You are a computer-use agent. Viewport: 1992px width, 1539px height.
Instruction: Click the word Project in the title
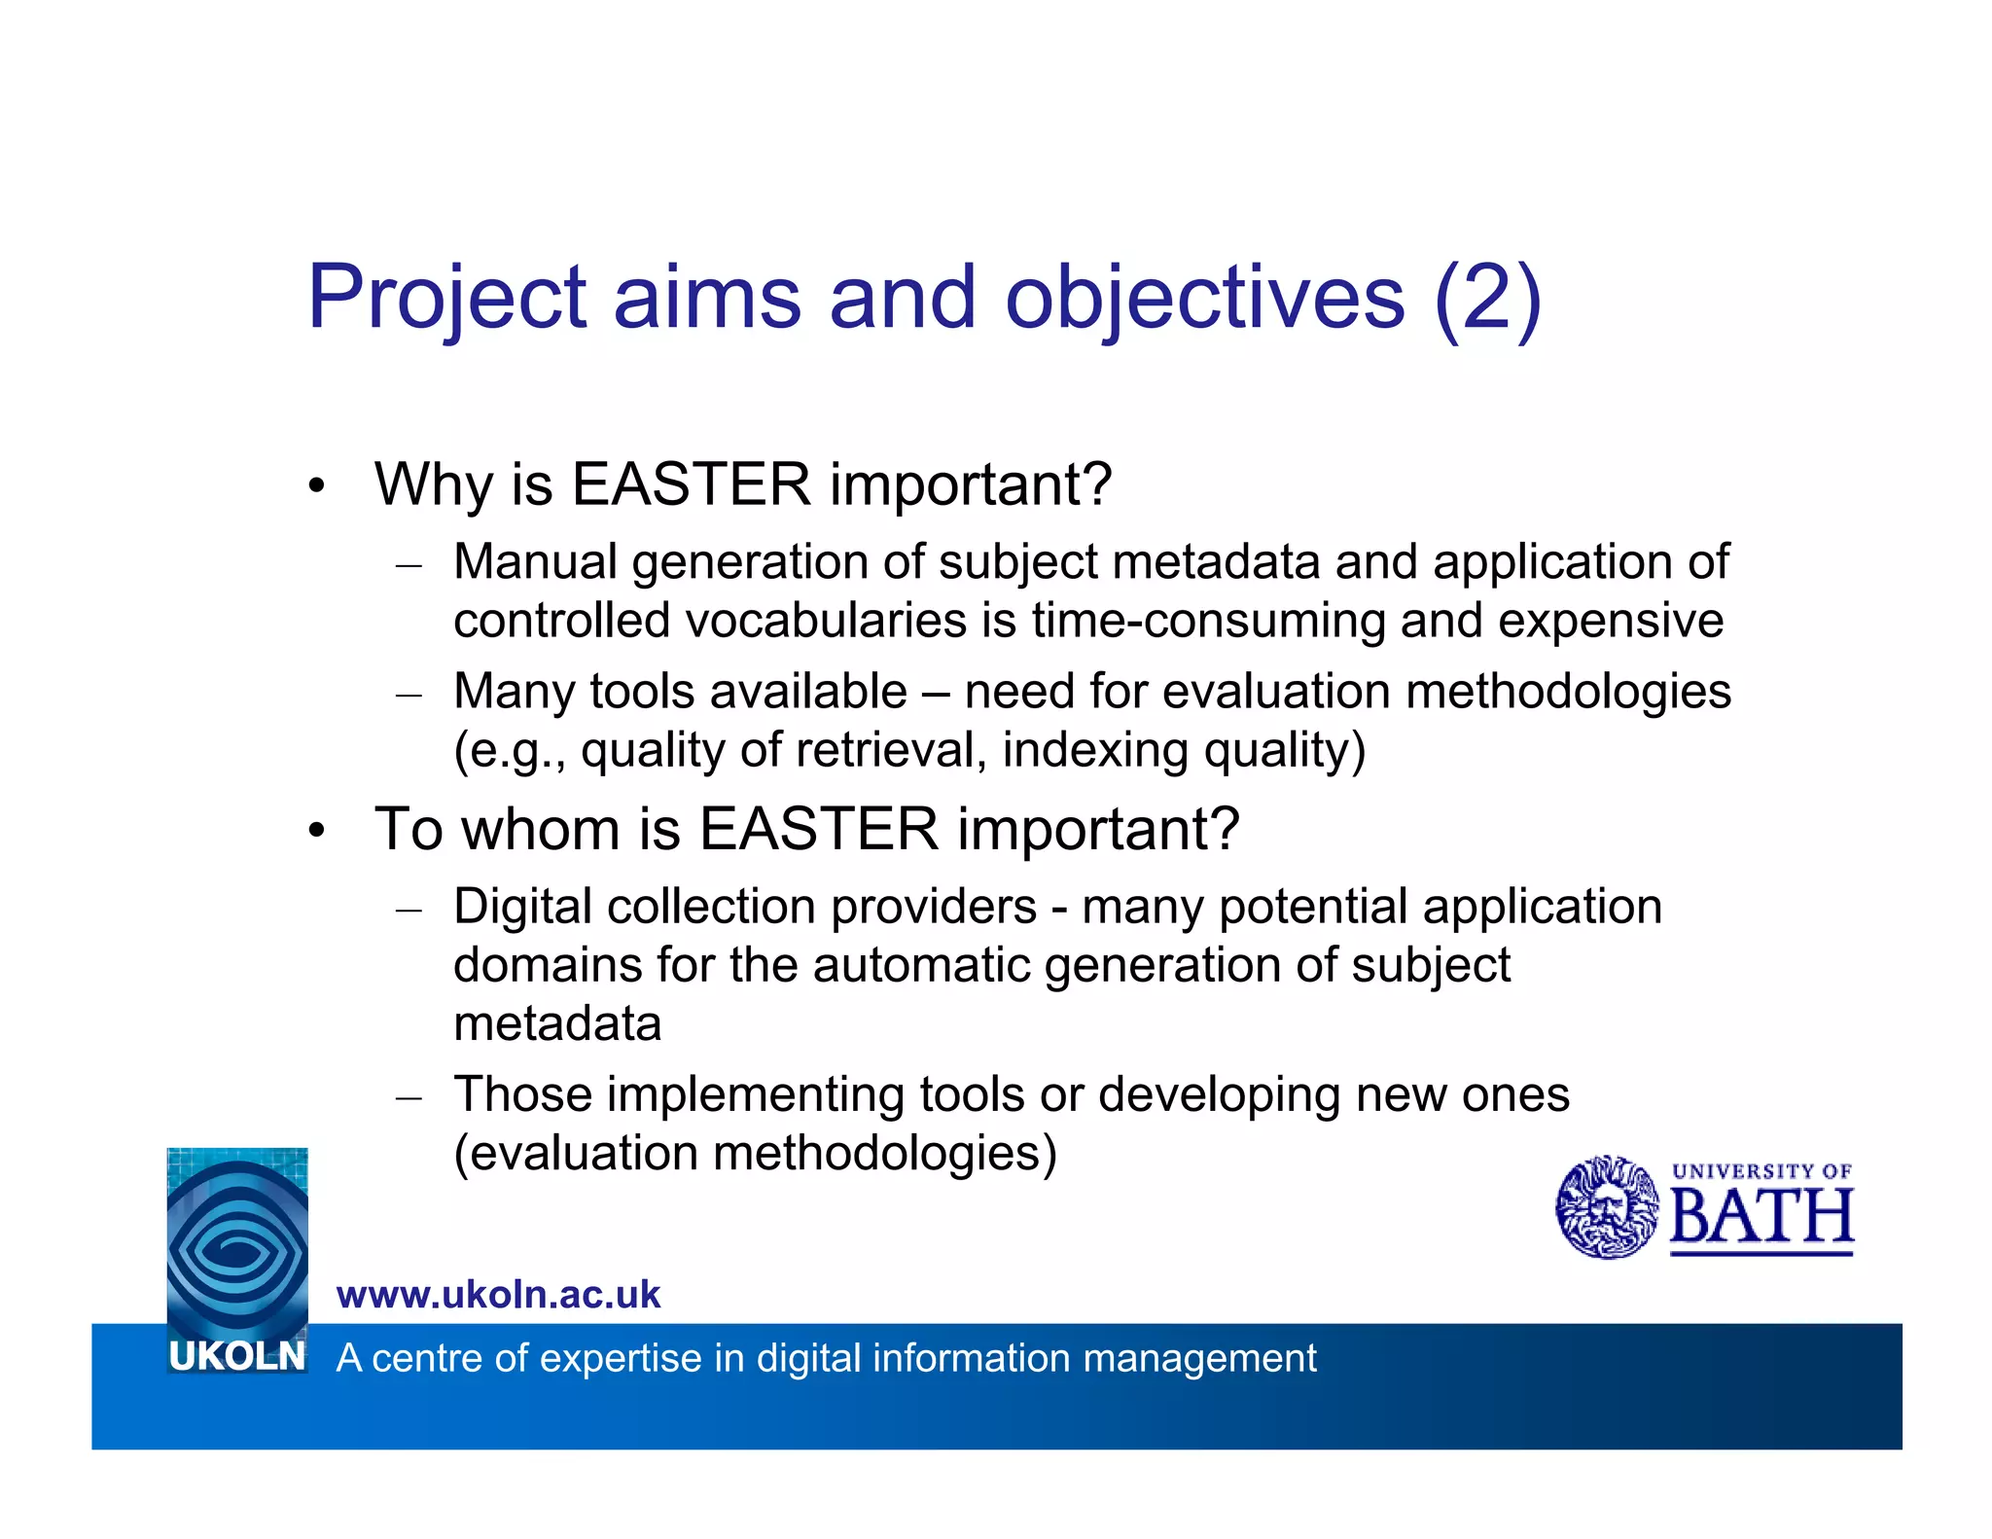coord(446,298)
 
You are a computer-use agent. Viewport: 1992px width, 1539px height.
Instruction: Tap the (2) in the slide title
coord(1487,298)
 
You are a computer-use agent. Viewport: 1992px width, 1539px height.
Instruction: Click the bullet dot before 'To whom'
coord(315,833)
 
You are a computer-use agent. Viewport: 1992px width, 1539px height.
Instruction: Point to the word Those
coord(522,1094)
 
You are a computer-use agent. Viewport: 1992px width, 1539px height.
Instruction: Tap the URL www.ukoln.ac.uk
coord(498,1295)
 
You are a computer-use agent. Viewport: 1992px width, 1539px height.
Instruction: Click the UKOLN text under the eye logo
coord(236,1356)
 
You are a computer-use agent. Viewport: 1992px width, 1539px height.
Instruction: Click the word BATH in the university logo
coord(1761,1217)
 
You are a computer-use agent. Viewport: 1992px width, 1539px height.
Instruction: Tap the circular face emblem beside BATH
coord(1607,1207)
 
